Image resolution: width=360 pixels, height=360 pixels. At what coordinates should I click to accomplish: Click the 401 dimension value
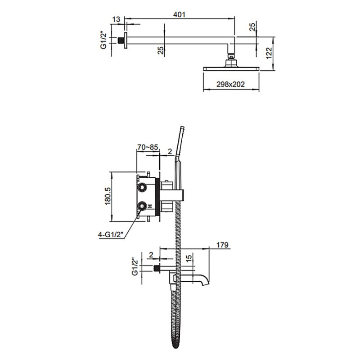(x=179, y=14)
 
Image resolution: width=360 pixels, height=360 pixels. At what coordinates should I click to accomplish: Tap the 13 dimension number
(x=116, y=19)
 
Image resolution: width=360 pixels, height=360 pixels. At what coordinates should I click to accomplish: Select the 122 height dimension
(x=269, y=53)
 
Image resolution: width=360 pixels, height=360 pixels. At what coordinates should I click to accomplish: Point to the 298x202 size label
(x=230, y=84)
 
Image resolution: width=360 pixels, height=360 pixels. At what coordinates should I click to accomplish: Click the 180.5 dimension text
(x=108, y=196)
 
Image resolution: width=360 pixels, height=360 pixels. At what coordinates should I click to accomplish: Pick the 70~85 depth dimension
(x=148, y=147)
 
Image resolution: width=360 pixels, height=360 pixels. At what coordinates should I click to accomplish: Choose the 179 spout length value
(x=222, y=245)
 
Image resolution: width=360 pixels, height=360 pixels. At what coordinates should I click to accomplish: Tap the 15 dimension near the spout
(x=189, y=258)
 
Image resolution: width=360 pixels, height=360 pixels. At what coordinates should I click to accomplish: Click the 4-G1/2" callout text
(x=111, y=234)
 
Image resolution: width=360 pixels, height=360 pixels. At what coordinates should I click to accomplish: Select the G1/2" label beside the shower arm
(x=103, y=40)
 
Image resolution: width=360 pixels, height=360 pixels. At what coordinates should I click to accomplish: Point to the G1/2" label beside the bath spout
(x=135, y=267)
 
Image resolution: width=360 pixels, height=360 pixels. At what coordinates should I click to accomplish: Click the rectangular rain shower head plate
(x=231, y=69)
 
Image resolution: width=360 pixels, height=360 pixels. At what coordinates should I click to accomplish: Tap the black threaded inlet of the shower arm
(x=120, y=40)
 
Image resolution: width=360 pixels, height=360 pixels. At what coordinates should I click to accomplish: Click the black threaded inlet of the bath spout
(x=157, y=269)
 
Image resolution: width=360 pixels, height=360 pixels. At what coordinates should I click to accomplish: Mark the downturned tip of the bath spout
(x=205, y=284)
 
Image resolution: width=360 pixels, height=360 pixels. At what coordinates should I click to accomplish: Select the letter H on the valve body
(x=150, y=206)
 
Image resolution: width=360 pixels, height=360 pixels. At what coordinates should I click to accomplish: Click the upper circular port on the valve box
(x=142, y=188)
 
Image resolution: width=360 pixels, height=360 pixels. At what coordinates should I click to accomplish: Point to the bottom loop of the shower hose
(x=175, y=346)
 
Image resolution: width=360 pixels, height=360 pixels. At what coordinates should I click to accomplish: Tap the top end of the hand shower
(x=182, y=127)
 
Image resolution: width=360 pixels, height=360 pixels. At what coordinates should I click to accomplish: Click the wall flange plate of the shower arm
(x=126, y=40)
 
